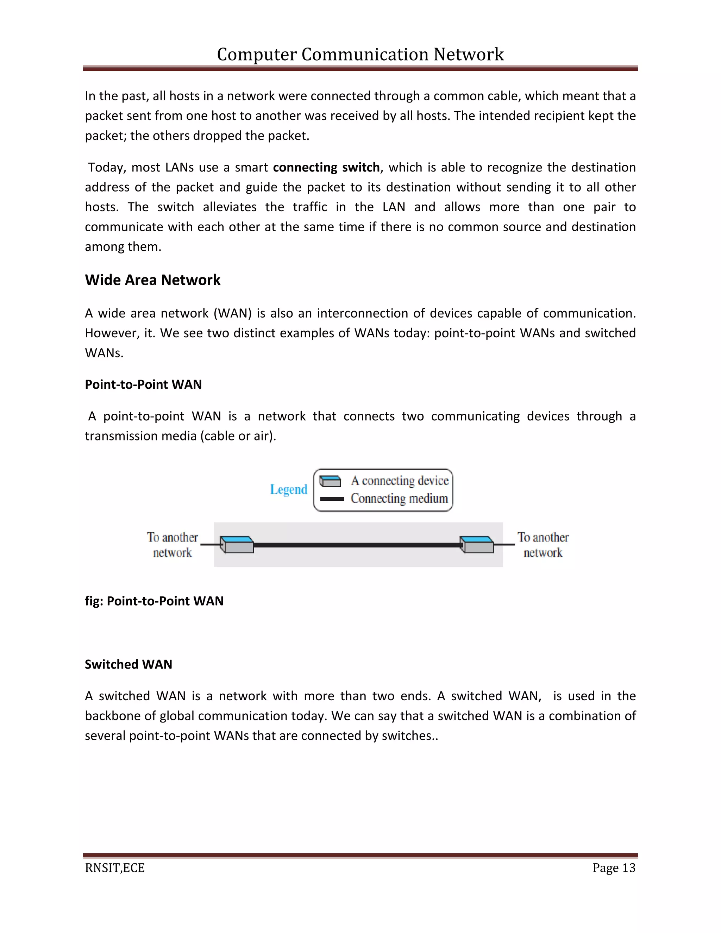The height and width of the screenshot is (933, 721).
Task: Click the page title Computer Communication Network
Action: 360,55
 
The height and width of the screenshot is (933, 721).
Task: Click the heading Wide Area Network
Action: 152,280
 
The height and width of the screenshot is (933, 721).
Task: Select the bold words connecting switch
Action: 326,167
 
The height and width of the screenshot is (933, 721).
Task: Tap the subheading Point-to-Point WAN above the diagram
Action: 143,384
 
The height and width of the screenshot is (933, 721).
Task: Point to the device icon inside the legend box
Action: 330,481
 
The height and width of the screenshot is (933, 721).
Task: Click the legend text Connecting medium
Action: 399,499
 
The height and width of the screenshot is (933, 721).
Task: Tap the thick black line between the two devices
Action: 357,545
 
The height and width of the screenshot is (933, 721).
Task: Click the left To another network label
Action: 173,545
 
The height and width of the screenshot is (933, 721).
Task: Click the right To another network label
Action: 543,545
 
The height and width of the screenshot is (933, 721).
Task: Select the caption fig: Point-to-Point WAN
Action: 154,601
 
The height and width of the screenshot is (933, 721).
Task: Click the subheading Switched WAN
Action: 128,664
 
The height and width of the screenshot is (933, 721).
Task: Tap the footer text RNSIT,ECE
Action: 115,868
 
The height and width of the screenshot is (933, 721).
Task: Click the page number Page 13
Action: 614,868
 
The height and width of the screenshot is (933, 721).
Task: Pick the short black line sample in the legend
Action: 332,499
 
